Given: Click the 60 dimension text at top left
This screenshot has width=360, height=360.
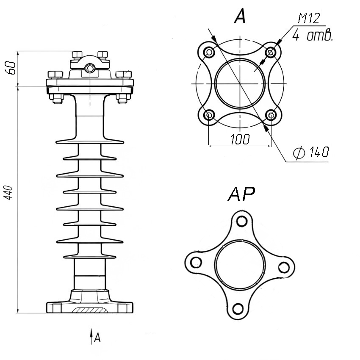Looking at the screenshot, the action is point(11,68).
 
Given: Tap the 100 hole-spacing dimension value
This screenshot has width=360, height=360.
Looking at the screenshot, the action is point(240,139).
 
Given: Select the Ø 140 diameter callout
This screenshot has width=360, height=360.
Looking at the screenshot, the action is point(311,152).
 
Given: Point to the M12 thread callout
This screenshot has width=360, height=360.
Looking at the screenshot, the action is point(309,18).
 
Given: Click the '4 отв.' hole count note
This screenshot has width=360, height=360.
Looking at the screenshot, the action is point(313,35).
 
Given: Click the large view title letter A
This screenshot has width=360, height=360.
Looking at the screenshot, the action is point(240,17).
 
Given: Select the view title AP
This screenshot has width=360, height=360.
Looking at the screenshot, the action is point(241,194).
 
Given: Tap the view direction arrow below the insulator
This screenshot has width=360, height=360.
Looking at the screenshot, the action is point(91,336).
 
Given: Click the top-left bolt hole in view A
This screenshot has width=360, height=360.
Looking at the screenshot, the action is point(209,53).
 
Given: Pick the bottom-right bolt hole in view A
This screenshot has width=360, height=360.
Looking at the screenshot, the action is point(271,115).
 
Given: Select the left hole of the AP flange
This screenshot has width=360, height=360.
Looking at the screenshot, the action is point(196,262).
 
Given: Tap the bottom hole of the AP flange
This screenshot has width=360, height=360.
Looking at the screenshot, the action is point(238,309).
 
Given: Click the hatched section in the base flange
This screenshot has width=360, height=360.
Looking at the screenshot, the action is point(90,310).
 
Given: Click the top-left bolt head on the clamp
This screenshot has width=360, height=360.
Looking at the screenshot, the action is point(77,54).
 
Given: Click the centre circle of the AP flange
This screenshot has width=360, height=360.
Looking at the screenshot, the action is point(241,264).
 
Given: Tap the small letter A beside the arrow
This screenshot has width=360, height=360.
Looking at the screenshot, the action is point(97,338).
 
